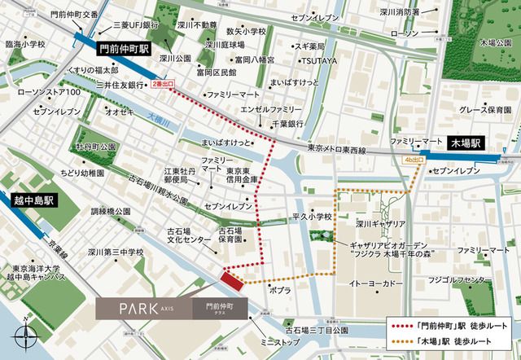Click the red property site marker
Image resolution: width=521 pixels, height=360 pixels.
[232, 280]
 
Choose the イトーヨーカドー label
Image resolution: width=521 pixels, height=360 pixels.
[375, 281]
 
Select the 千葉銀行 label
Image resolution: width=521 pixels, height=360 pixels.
[287, 123]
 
